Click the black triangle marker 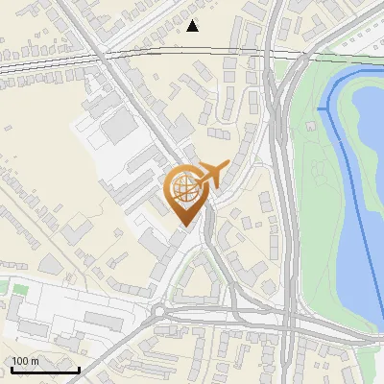193,25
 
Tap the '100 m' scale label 26,361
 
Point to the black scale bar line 45,370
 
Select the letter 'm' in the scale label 36,361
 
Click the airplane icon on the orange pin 214,175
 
